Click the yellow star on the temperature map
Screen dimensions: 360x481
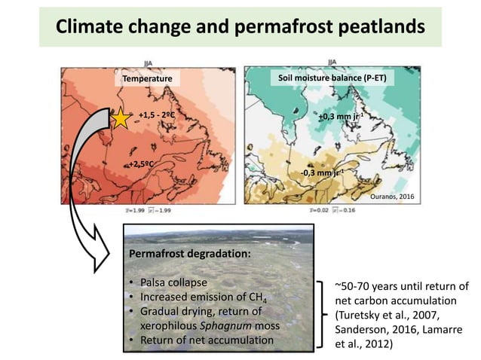pyautogui.click(x=120, y=118)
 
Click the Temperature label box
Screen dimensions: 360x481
pyautogui.click(x=148, y=78)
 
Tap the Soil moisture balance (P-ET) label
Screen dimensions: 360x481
pyautogui.click(x=334, y=78)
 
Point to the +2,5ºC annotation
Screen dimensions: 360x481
pyautogui.click(x=142, y=163)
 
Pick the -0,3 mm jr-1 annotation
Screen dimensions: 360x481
pyautogui.click(x=319, y=172)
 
